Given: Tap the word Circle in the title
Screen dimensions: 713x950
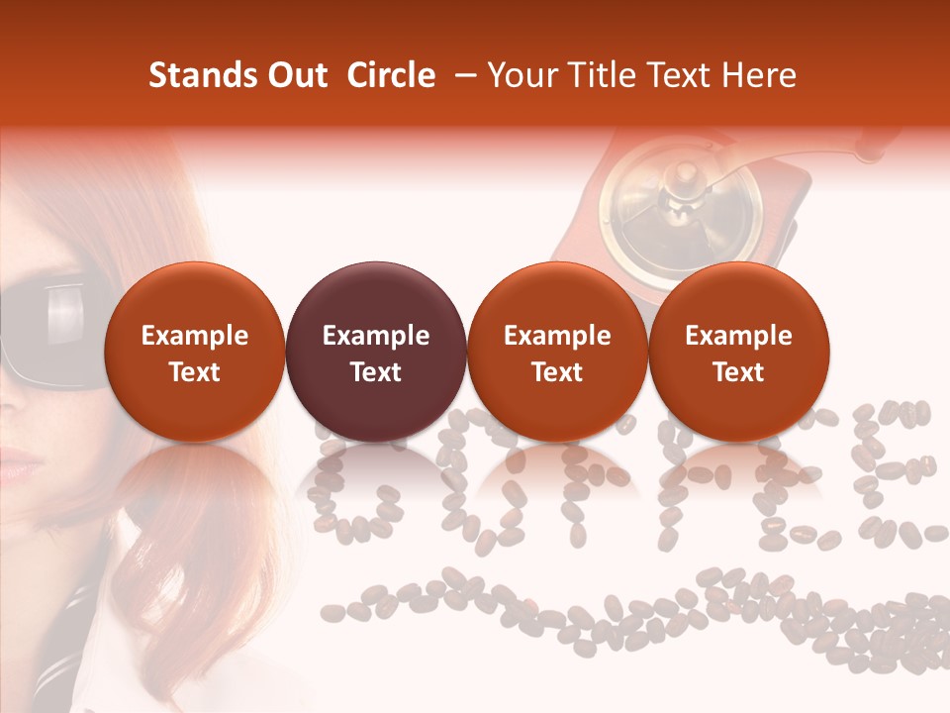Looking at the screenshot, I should point(391,75).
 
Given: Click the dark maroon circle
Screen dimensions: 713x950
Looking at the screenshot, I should point(375,352).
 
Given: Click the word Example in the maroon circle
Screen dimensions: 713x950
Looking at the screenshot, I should point(375,336).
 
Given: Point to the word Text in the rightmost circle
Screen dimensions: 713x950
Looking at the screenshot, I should point(738,372).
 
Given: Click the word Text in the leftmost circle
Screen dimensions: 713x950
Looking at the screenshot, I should point(194,372).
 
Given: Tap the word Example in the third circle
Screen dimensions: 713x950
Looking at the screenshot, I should point(557,336).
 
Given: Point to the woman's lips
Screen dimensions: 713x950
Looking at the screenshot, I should point(18,461).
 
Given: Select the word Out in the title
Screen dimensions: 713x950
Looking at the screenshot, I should point(294,75).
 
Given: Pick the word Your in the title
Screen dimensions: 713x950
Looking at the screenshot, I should point(522,75).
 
